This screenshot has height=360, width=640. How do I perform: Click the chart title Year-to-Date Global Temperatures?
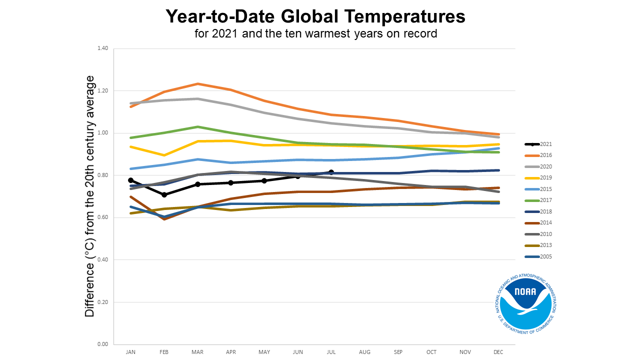point(315,16)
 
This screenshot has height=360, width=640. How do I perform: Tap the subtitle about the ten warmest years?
point(316,34)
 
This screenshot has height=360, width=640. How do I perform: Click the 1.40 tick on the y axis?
point(102,48)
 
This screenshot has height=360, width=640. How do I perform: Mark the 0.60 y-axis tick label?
point(102,217)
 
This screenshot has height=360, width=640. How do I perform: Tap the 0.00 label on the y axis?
point(102,344)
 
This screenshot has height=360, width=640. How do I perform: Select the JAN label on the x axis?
point(130,352)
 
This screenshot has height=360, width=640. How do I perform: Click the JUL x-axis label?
point(331,352)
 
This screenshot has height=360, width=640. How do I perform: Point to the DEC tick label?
point(498,352)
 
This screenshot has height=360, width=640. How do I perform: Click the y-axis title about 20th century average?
point(90,196)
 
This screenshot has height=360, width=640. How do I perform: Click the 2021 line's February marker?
point(164,194)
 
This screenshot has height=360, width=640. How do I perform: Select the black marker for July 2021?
point(331,172)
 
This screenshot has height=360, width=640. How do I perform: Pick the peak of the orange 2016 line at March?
point(197,83)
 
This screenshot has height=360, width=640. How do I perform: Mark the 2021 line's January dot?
point(130,180)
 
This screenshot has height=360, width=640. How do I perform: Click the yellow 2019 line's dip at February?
point(164,155)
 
